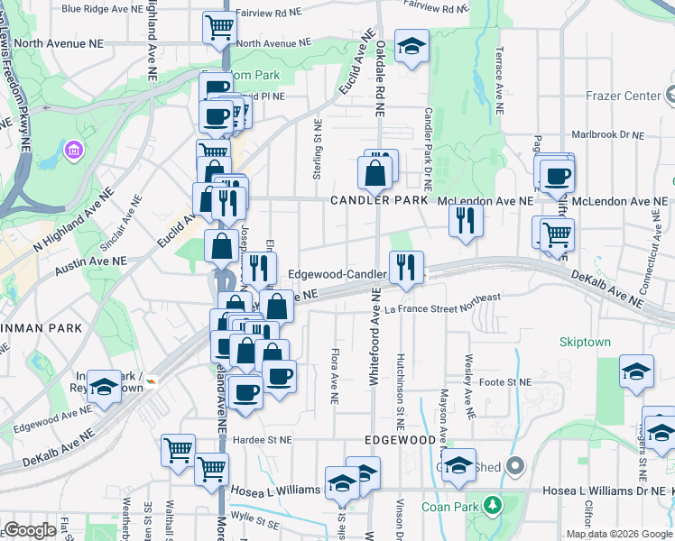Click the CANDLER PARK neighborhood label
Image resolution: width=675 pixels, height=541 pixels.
coord(378,200)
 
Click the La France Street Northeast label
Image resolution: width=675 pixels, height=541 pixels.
coord(442,304)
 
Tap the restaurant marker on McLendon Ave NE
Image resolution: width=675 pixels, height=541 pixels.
coord(466,219)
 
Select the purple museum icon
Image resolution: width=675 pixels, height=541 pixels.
coord(73,149)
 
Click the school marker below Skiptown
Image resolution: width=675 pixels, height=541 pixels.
coord(636,370)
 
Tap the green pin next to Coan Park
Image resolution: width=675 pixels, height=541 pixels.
coord(493,504)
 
